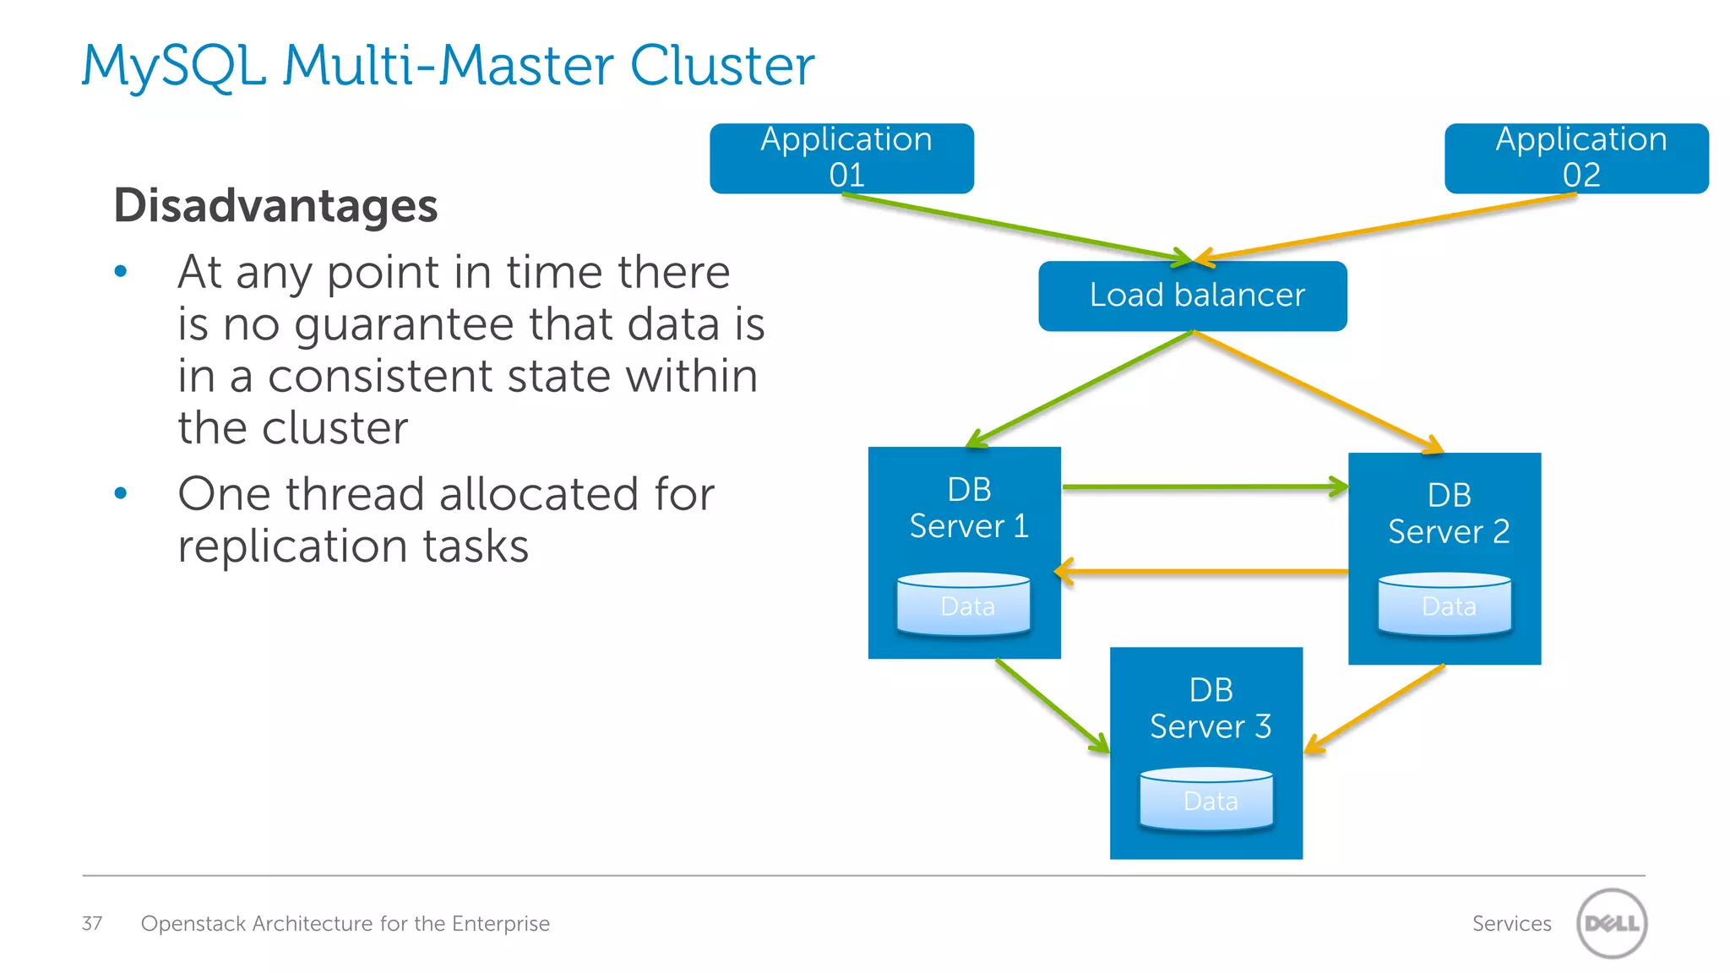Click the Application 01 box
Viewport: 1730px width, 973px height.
coord(841,158)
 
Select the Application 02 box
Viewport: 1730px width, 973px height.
coord(1576,158)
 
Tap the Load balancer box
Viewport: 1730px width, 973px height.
coord(1192,296)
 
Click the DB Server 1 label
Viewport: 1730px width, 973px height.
coord(968,508)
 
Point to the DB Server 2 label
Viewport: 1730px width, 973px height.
coord(1448,514)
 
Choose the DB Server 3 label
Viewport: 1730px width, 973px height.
coord(1210,709)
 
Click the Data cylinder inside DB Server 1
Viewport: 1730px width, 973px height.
coord(964,605)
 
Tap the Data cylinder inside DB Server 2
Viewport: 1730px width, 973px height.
coord(1444,605)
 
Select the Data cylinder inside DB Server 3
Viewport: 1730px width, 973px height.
coord(1206,799)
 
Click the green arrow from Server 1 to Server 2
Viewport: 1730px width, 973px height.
coord(1204,487)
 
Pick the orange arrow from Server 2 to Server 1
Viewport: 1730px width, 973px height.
coord(1204,572)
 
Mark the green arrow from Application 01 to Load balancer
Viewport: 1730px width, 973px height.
coord(1014,226)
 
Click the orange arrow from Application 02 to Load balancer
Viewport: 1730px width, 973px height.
coord(1385,226)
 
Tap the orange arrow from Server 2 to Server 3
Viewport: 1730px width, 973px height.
coord(1375,709)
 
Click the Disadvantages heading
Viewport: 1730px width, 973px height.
coord(275,205)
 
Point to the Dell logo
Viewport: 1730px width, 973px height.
coord(1611,923)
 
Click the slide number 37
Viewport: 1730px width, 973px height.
coord(92,923)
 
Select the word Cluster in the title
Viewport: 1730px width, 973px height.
coord(722,66)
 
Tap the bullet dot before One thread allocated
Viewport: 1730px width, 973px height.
coord(121,493)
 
